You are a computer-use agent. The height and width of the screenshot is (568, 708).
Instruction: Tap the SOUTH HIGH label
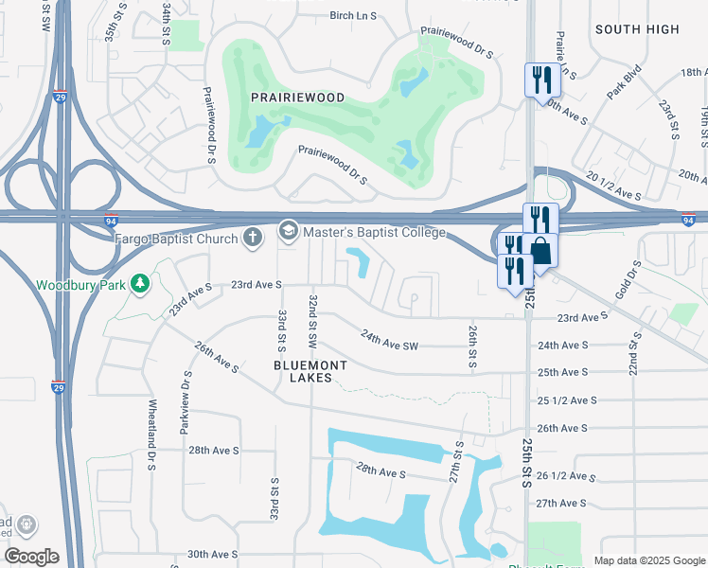click(637, 29)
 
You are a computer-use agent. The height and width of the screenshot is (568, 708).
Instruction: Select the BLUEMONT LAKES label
click(310, 371)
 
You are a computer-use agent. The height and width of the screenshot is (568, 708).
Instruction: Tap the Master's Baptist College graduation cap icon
click(288, 231)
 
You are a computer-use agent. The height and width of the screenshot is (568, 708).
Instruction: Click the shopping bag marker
click(541, 251)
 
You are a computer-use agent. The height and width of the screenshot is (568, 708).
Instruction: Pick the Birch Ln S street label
click(327, 16)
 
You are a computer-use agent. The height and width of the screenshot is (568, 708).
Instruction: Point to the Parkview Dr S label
click(186, 402)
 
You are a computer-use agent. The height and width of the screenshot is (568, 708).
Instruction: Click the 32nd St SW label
click(312, 320)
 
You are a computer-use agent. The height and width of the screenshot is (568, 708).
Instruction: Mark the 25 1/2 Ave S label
click(567, 401)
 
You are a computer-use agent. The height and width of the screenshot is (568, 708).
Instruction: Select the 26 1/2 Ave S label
click(567, 476)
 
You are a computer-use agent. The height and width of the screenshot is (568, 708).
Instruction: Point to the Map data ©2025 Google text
click(648, 560)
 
